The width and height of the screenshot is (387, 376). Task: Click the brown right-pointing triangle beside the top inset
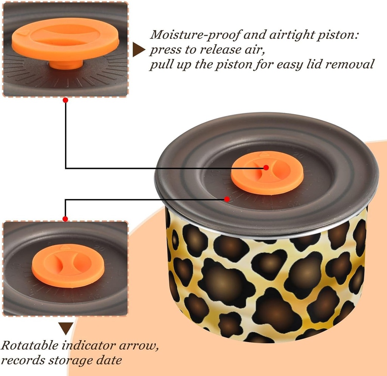tap(139, 50)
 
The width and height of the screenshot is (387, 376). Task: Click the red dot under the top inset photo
tap(65, 100)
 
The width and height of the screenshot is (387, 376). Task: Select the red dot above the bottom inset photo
tap(65, 219)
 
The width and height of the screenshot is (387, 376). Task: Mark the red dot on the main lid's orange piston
tap(266, 167)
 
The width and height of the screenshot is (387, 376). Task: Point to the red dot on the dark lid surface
tap(227, 199)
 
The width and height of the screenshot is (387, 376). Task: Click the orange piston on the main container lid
tap(267, 173)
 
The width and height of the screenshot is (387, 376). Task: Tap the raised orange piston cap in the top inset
tap(65, 39)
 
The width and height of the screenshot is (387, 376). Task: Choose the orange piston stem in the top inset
tap(66, 64)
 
